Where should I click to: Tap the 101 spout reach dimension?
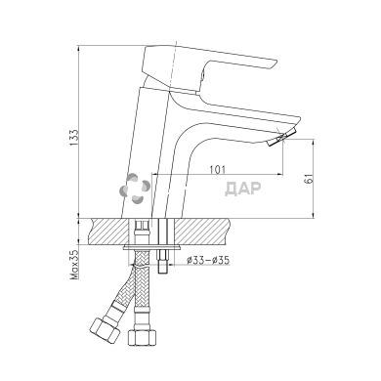[217, 169]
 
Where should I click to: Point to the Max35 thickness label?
[74, 265]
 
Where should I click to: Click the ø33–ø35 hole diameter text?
[208, 260]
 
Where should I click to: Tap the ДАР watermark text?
[243, 189]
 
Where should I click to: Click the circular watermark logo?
[135, 189]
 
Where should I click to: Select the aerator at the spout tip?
[281, 138]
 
